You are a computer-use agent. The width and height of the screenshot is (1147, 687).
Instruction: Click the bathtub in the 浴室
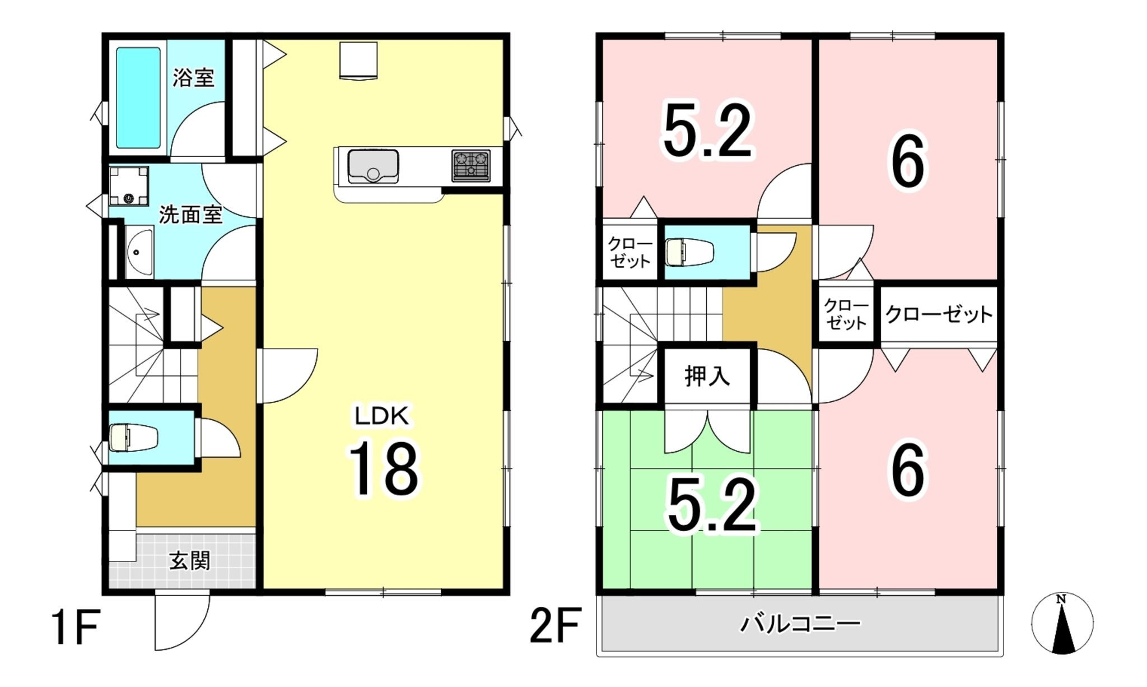(x=138, y=98)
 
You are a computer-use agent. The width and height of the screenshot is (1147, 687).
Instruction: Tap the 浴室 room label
(x=193, y=77)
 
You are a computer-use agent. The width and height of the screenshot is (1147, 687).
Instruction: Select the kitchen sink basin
(x=373, y=166)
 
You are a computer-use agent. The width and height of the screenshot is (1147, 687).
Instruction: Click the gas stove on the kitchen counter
(x=471, y=165)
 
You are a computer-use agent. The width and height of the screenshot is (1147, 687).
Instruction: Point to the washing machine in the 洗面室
(x=129, y=186)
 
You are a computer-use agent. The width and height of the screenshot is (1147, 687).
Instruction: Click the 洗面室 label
(x=191, y=215)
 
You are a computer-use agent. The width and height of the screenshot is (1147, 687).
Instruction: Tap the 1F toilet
(x=133, y=438)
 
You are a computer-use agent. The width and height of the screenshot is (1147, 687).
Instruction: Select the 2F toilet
(x=689, y=252)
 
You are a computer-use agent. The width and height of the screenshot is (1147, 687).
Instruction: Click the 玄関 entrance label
(x=190, y=560)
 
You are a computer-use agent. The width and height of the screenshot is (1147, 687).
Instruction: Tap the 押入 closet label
(x=707, y=376)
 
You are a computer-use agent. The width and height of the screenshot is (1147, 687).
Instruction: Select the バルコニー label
(x=800, y=623)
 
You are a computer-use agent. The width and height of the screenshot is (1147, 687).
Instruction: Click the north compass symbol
(x=1062, y=623)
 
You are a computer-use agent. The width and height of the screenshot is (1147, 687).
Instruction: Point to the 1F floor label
(x=76, y=628)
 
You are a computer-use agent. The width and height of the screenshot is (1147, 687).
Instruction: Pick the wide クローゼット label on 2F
(x=939, y=314)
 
